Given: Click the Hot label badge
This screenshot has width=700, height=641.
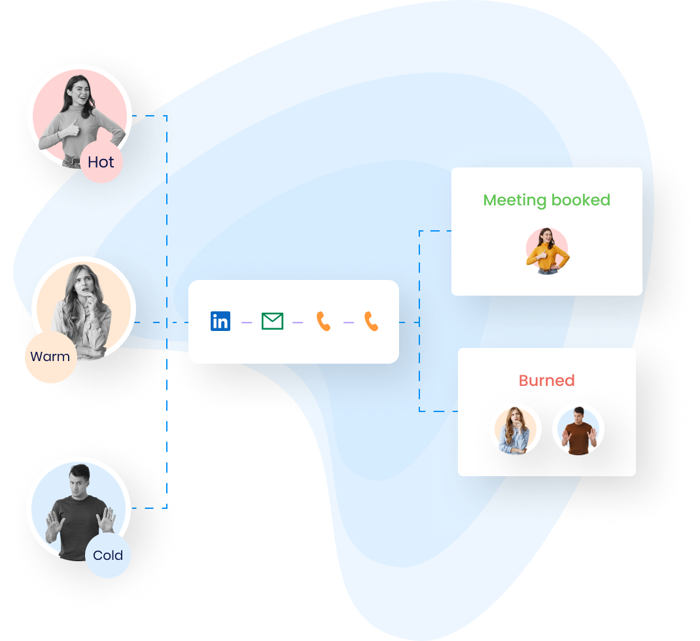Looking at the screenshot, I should pyautogui.click(x=101, y=162).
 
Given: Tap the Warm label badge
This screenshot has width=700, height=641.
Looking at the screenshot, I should pyautogui.click(x=50, y=356).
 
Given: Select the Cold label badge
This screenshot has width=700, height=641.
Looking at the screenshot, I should pyautogui.click(x=108, y=555).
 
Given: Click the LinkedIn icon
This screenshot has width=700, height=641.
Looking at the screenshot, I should pyautogui.click(x=220, y=321).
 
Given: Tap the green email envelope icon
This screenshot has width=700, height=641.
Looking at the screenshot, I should pyautogui.click(x=272, y=321).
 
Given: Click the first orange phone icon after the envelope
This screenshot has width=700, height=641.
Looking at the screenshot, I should pyautogui.click(x=323, y=321).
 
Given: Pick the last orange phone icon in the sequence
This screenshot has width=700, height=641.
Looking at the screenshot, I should pyautogui.click(x=372, y=321).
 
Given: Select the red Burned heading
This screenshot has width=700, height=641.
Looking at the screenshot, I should pyautogui.click(x=546, y=381).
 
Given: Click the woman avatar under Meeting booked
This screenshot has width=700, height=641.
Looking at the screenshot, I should pyautogui.click(x=547, y=251).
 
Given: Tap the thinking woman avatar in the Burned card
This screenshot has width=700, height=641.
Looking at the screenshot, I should pyautogui.click(x=516, y=430).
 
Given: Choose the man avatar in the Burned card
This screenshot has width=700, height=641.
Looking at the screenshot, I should pyautogui.click(x=578, y=430).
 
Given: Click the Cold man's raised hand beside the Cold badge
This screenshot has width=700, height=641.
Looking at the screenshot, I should pyautogui.click(x=105, y=521).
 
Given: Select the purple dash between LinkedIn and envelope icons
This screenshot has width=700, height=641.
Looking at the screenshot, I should pyautogui.click(x=247, y=322).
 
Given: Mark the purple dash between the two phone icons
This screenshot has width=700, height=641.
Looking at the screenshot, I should pyautogui.click(x=348, y=322).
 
